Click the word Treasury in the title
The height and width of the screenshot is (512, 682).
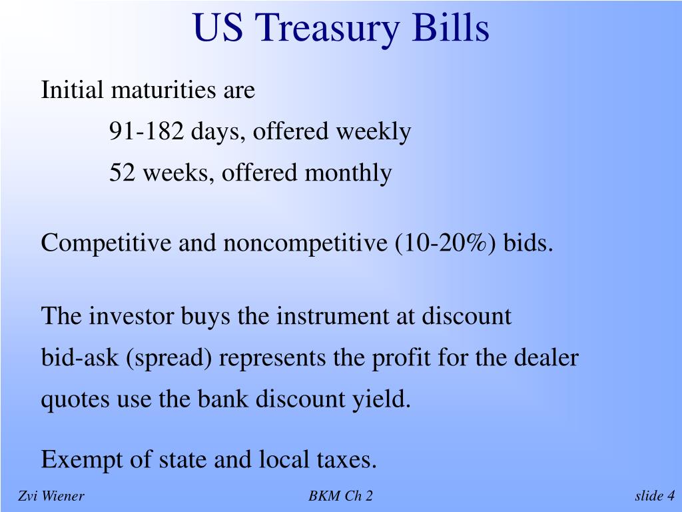click(327, 29)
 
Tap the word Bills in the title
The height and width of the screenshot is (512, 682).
click(451, 27)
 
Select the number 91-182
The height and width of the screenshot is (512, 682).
click(147, 131)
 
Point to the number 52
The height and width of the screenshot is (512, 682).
click(123, 172)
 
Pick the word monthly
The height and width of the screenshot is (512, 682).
click(348, 173)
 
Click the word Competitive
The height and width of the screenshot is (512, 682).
click(106, 243)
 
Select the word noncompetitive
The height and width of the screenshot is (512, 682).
click(305, 243)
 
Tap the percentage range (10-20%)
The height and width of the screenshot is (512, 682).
click(446, 243)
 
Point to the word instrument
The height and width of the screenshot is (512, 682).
click(333, 317)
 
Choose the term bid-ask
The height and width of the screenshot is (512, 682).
click(80, 358)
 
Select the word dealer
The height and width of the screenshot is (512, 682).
click(546, 357)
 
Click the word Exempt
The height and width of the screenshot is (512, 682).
click(82, 460)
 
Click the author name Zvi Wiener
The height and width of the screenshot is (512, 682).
click(51, 496)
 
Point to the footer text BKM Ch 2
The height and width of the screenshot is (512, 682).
click(340, 496)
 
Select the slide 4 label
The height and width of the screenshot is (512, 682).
click(655, 496)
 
